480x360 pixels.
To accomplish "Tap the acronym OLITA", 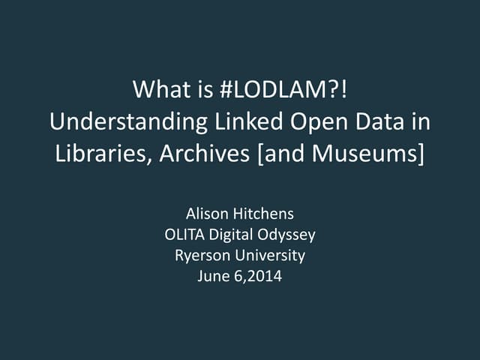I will click(x=184, y=235).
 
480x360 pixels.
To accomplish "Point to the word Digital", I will click(x=231, y=235).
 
